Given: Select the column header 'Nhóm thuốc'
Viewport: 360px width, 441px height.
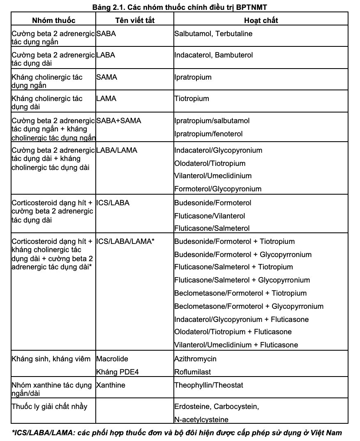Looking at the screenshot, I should pos(53,20).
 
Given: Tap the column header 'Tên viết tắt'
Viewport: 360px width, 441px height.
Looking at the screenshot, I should pos(135,20).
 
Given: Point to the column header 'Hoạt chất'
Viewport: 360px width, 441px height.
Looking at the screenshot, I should pos(261,20).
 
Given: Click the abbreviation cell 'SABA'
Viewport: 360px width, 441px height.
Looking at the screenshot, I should pos(106,34).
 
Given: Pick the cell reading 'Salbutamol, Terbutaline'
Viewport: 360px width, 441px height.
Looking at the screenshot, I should pos(213,34).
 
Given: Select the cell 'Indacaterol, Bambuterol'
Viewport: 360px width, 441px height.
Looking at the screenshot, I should pos(214,55).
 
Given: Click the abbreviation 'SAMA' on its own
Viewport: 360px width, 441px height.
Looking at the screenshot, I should pos(106,77).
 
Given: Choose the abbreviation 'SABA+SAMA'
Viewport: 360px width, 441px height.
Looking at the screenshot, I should pos(118,121).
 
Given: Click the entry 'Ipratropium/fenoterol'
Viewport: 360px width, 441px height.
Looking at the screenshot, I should pos(208,134).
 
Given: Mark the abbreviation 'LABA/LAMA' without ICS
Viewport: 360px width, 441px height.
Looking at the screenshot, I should pos(117,150).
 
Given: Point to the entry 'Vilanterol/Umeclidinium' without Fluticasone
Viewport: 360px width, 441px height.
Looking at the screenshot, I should pos(213,176).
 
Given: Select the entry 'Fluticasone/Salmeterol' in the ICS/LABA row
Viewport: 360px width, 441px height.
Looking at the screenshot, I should pos(212,228).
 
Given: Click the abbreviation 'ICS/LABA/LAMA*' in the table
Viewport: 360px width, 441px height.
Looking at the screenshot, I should pos(125,241).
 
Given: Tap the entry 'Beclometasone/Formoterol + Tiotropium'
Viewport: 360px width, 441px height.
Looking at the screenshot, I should pos(240,293).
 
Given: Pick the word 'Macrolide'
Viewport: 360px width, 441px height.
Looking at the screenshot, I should pos(111,359).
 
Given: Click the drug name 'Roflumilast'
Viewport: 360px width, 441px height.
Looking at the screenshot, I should pos(193,372).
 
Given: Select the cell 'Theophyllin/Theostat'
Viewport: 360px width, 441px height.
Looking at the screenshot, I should pos(209,385).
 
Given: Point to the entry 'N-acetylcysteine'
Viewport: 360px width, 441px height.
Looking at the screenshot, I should pos(201,419).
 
